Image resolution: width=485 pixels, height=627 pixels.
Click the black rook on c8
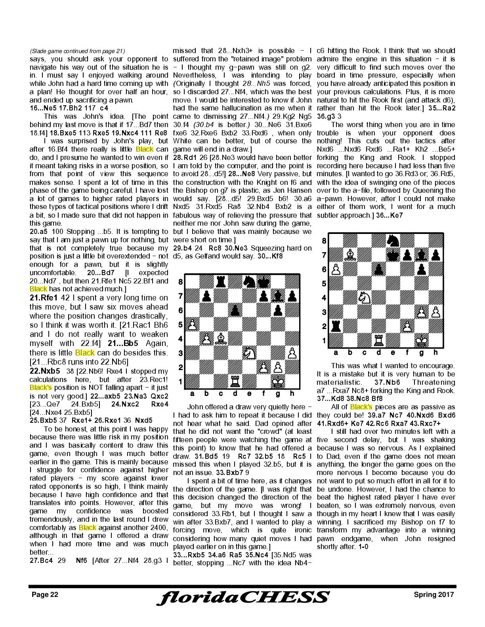pyautogui.click(x=221, y=282)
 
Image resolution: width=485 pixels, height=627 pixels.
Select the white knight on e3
pyautogui.click(x=249, y=353)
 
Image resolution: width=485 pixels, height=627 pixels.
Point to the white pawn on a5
pyautogui.click(x=192, y=325)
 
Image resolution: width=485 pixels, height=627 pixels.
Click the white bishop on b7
pyautogui.click(x=350, y=255)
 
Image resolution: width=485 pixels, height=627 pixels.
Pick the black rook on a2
pyautogui.click(x=336, y=326)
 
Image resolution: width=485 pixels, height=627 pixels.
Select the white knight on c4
pyautogui.click(x=364, y=298)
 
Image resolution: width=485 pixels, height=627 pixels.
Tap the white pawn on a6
pyautogui.click(x=336, y=269)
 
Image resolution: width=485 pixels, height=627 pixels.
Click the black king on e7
pyautogui.click(x=393, y=255)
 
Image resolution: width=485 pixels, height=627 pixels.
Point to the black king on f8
pyautogui.click(x=264, y=282)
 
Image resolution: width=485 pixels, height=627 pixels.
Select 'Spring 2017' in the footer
pyautogui.click(x=434, y=595)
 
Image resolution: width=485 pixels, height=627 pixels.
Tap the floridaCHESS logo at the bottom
pyautogui.click(x=242, y=598)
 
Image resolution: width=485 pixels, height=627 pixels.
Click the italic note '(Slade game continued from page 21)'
pyautogui.click(x=77, y=51)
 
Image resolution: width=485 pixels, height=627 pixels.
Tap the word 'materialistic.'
pyautogui.click(x=339, y=382)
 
